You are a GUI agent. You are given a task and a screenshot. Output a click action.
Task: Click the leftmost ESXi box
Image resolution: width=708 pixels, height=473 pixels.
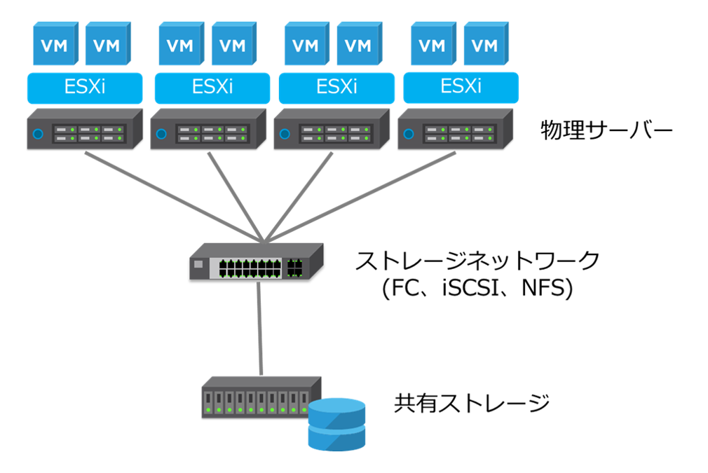pos(85,88)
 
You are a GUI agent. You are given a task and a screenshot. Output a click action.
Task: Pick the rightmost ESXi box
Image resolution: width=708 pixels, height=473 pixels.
pos(461,88)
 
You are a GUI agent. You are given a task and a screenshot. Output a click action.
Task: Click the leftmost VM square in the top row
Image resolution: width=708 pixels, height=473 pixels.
pos(55,44)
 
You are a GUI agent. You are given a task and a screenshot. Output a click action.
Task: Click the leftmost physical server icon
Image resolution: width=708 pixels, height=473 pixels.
pos(84,129)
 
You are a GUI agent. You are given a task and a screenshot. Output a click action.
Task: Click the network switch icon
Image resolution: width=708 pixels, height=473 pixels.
pos(256,263)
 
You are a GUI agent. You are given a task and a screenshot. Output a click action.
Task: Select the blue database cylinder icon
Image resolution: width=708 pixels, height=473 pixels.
pos(337,423)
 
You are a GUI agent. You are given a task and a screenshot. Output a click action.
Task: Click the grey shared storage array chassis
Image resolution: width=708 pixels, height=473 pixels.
pos(256,398)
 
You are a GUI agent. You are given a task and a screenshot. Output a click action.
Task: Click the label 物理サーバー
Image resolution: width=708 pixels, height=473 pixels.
pos(606,130)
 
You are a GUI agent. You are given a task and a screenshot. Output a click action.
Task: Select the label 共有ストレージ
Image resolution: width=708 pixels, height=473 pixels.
pos(471,403)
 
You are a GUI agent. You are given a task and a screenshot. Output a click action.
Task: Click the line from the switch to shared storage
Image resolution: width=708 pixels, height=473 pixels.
pos(261,329)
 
